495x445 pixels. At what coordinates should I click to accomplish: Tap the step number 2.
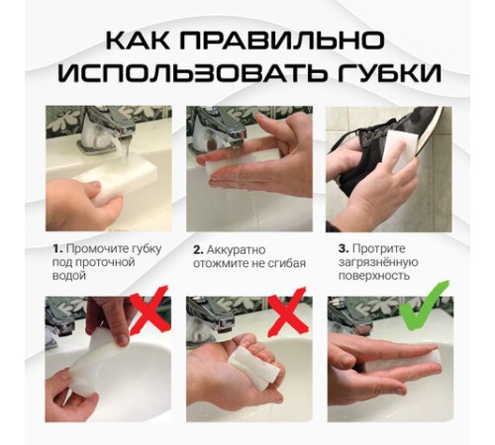[198, 248]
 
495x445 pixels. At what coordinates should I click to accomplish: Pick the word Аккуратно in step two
[239, 248]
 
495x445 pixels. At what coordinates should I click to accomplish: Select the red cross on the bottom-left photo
[147, 315]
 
